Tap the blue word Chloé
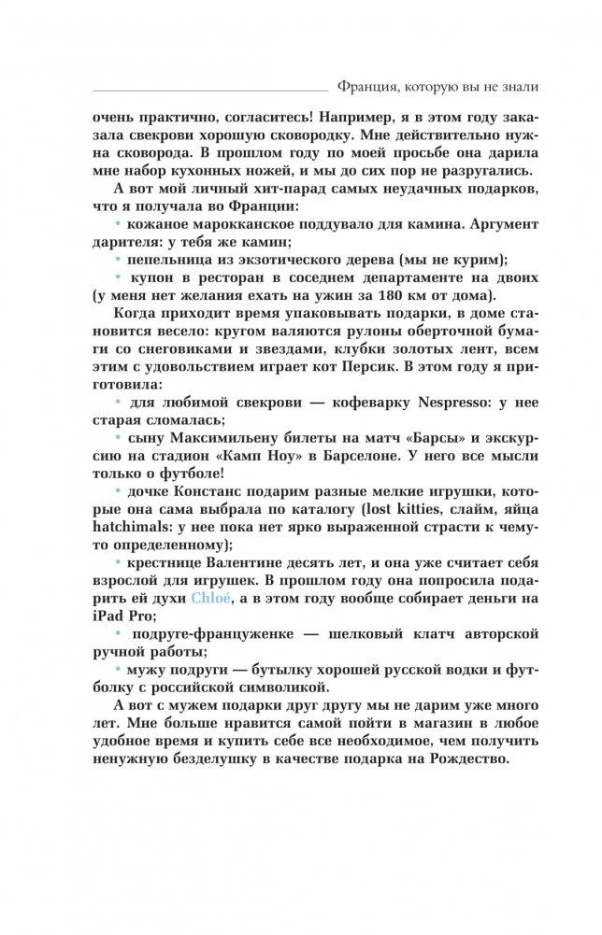(206, 597)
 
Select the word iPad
(114, 616)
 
